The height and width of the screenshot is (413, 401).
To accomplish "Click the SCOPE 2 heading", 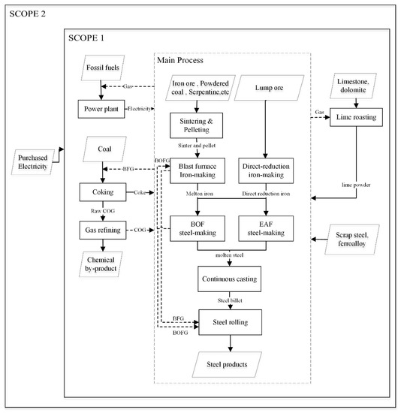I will (28, 14).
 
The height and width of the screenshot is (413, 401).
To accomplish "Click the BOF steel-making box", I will (198, 228).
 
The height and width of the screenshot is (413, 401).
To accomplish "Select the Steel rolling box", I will (231, 324).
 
